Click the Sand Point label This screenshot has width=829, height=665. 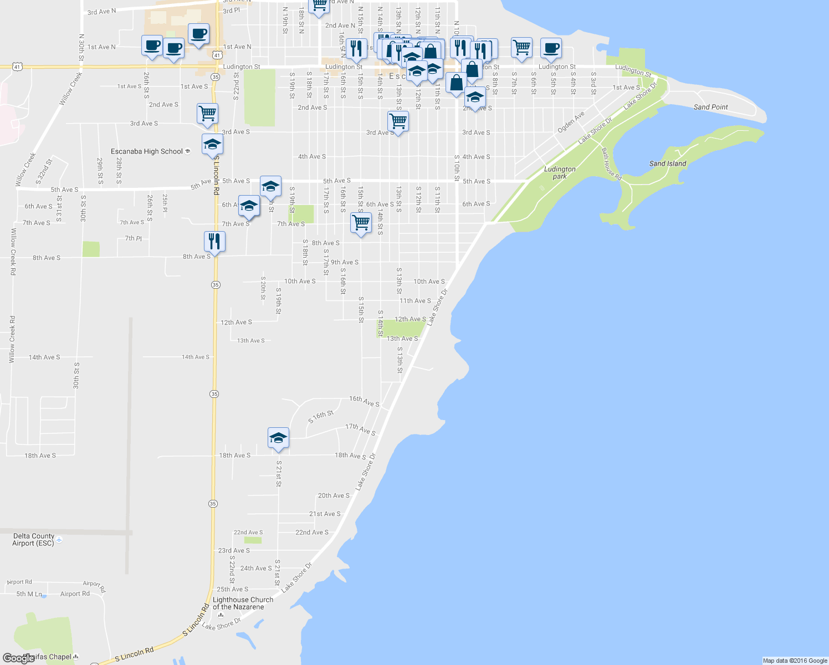(710, 107)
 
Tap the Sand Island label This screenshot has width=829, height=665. (668, 163)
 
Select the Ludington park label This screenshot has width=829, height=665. (560, 173)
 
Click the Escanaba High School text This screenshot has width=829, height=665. (147, 151)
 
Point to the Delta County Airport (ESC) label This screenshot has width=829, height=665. (34, 540)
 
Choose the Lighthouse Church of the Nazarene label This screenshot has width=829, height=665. (243, 603)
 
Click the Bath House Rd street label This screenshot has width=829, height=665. (611, 164)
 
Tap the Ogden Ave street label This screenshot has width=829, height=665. (571, 122)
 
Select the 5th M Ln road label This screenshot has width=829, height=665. (29, 594)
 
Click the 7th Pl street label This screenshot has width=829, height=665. (133, 238)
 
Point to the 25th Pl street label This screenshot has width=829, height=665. (165, 203)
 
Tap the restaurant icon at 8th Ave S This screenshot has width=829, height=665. (214, 242)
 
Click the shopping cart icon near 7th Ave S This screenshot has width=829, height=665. (361, 223)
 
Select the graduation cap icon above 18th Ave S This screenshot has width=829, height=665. (278, 438)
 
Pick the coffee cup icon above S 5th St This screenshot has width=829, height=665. (550, 48)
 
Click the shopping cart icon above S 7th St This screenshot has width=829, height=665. (521, 48)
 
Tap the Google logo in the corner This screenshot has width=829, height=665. (18, 658)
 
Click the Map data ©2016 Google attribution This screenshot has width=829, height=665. (795, 661)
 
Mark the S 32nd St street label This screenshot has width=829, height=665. (44, 171)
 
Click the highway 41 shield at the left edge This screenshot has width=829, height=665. (18, 67)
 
